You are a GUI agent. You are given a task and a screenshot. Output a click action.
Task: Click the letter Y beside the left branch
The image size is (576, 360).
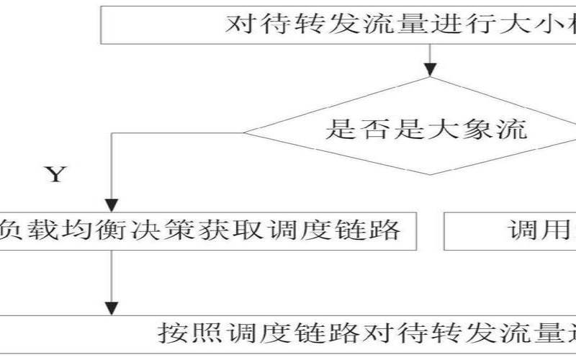click(55, 174)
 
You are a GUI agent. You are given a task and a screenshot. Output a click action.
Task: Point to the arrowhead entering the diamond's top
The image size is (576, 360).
click(431, 70)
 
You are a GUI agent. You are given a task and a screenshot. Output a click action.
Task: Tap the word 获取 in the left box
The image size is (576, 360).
click(227, 230)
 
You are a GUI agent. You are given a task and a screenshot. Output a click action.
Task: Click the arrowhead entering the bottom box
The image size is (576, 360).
click(112, 308)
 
